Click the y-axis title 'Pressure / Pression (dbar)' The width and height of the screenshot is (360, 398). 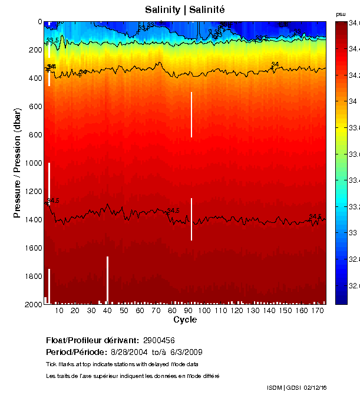(x=18, y=163)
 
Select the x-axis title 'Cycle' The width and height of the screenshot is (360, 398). (x=185, y=320)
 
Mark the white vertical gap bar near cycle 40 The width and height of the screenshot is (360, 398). (x=107, y=279)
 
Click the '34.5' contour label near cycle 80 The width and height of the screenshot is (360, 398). (x=173, y=210)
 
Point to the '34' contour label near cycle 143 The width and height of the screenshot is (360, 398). (x=275, y=64)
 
